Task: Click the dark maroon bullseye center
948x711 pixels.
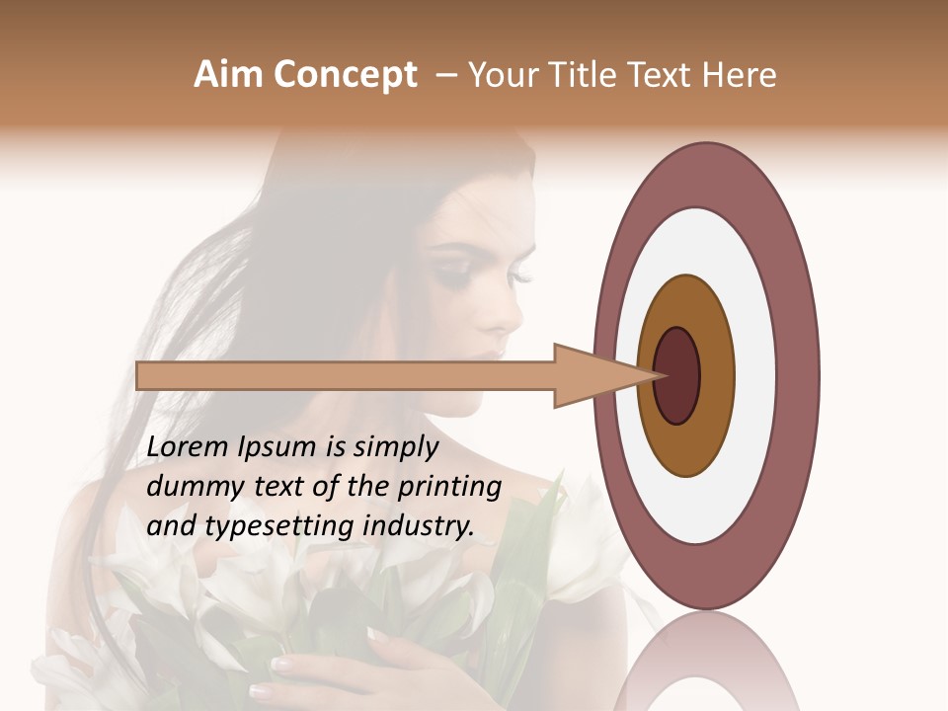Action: pyautogui.click(x=677, y=375)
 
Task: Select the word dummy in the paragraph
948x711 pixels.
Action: pyautogui.click(x=192, y=487)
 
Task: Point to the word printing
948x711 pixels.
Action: pyautogui.click(x=449, y=488)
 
